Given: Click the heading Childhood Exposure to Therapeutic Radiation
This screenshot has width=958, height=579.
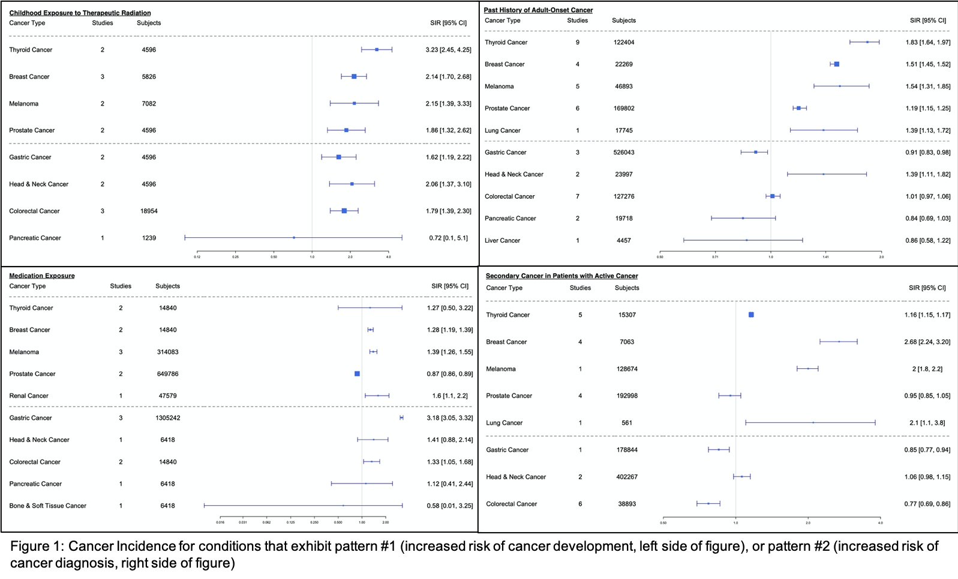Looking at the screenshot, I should (80, 13).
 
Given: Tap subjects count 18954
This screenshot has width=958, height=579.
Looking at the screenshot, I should (149, 211).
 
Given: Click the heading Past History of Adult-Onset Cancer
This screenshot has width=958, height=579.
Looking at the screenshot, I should (538, 10).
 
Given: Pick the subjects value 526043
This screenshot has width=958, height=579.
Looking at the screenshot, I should (623, 153).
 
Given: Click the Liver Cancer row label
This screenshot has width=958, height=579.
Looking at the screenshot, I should (502, 241).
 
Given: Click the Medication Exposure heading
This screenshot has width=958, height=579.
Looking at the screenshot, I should (42, 276).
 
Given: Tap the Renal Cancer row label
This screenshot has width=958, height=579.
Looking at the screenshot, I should (29, 396).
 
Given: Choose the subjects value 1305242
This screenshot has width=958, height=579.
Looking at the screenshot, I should (167, 418).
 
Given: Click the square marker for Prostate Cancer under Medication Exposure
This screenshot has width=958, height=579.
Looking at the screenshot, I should (357, 374).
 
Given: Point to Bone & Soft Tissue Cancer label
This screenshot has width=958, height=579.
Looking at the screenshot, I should (47, 506).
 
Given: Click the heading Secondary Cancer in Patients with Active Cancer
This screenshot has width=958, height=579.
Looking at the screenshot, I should (561, 276).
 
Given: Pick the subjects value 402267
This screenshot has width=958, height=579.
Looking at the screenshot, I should (626, 477).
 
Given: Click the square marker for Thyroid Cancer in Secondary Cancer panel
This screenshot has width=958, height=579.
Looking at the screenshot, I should (751, 315).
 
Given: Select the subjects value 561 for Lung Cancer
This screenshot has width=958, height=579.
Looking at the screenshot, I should (626, 423).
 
